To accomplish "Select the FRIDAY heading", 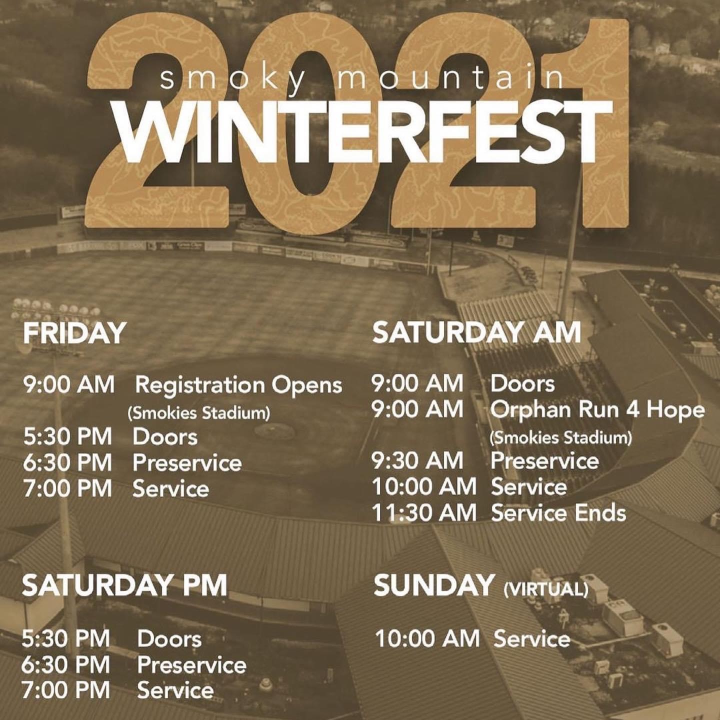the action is click(74, 333).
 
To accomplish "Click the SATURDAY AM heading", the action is click(477, 332).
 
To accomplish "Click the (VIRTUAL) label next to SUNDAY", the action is click(546, 589).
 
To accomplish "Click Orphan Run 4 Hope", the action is click(597, 410).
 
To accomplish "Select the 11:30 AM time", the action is click(424, 513).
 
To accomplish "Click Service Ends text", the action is click(558, 513).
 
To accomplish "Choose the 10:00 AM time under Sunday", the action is click(427, 638).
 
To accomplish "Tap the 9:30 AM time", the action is click(417, 460).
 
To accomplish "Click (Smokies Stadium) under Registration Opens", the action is click(198, 413).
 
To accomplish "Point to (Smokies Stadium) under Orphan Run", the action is click(561, 437).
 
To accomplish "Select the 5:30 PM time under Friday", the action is click(67, 436).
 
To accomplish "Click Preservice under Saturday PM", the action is click(191, 664).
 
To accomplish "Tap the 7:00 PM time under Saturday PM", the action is click(66, 689).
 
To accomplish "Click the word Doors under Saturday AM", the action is click(522, 384).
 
